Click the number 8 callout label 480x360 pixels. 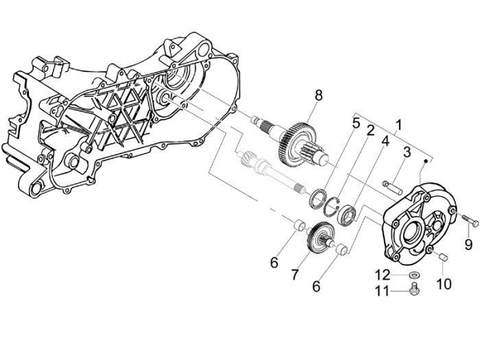pos(317,95)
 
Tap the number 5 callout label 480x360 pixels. pos(356,123)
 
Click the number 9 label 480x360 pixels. pos(468,243)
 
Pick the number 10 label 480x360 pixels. pos(442,283)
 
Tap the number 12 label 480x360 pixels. pos(383,275)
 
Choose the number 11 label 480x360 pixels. pos(383,291)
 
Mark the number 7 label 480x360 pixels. pos(295,274)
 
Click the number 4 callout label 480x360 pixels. pos(385,141)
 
